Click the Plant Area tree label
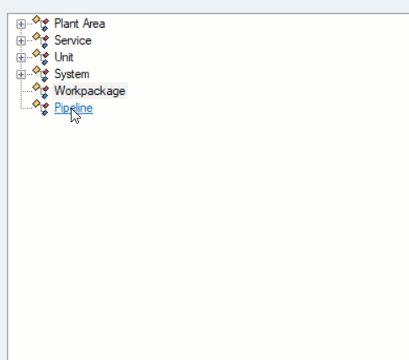coord(80,24)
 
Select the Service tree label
coord(73,40)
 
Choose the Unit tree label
coord(64,57)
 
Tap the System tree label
coord(72,74)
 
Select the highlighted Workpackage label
coord(90,91)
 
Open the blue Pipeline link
coord(73,108)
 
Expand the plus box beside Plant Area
coord(21,24)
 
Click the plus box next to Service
coord(21,41)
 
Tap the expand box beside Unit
coord(21,58)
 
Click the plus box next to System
coord(21,75)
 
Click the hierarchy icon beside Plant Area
coord(41,24)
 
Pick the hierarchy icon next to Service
coord(41,40)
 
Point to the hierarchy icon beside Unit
coord(41,57)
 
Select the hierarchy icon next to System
coord(41,74)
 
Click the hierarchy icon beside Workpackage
coord(41,91)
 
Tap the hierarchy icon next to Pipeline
coord(41,108)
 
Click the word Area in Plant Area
coord(94,24)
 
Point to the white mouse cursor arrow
coord(75,115)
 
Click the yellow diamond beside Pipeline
coord(36,103)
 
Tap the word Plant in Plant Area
coord(66,24)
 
